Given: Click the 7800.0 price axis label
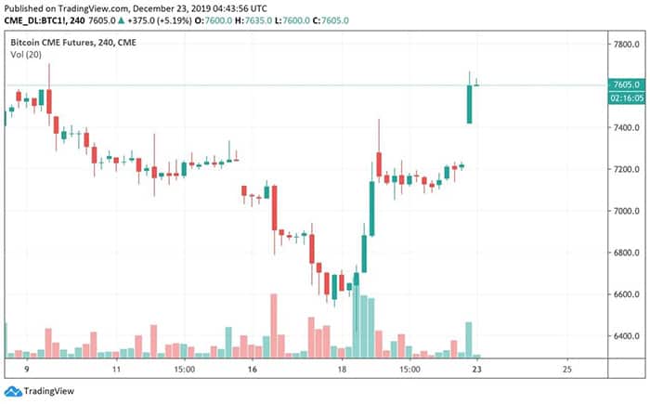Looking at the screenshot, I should tap(623, 44).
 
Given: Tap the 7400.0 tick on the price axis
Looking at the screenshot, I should tap(623, 127).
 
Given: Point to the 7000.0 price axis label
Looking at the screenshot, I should tap(623, 211).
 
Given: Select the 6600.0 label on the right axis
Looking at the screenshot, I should tap(623, 294).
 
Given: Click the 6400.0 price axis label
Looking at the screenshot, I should tap(623, 336).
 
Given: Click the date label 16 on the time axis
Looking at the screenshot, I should tap(252, 369).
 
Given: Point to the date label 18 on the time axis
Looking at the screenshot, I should tap(341, 369).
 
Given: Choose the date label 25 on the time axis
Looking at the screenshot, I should tap(566, 369).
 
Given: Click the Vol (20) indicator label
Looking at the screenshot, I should tap(25, 56).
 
